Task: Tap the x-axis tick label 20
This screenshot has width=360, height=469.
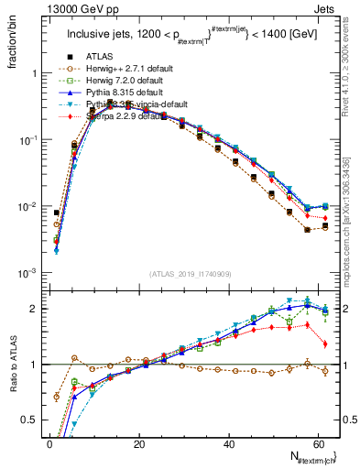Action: coord(139,444)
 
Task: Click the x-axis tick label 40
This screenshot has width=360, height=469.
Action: coord(229,444)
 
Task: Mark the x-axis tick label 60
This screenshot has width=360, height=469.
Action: coord(319,444)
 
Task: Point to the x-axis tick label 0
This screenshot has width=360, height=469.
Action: coord(49,444)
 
